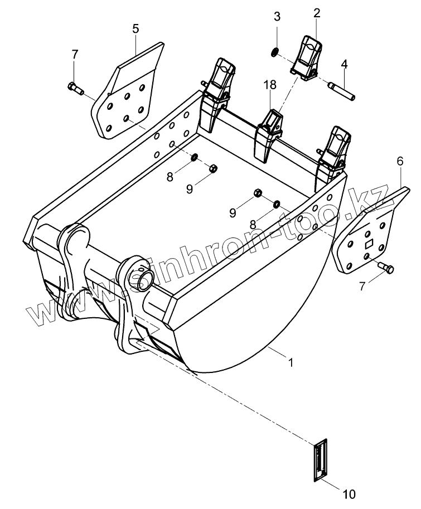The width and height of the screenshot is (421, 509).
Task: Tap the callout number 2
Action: coord(317,12)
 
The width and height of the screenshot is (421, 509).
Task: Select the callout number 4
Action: coord(344,64)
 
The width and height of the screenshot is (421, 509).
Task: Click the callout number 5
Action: coord(136,29)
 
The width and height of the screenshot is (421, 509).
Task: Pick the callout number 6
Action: coord(400,162)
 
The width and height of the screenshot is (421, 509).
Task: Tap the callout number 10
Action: coord(349,493)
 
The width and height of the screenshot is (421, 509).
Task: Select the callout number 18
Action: coord(270,85)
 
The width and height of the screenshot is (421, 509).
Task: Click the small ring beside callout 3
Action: coord(274,52)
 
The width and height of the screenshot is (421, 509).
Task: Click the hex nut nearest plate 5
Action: coord(212,168)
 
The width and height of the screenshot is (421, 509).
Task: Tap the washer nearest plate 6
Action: coord(276,204)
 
